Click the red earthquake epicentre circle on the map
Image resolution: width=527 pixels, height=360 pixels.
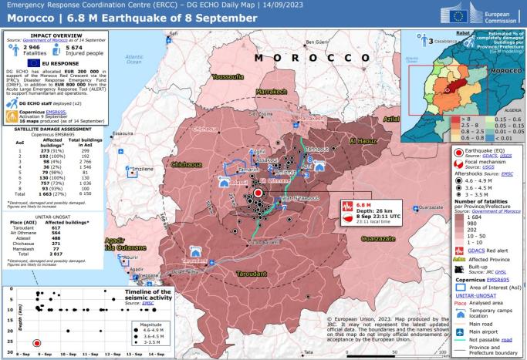pos(258,193)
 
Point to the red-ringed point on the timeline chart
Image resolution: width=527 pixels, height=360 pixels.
pos(36,343)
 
